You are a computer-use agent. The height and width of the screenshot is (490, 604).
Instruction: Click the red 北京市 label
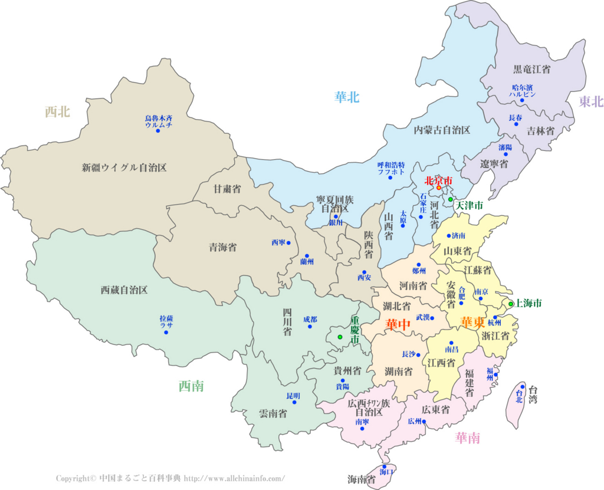[439, 180]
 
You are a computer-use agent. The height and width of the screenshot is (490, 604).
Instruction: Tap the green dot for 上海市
[511, 304]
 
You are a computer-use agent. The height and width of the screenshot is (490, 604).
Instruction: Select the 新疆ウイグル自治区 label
[124, 167]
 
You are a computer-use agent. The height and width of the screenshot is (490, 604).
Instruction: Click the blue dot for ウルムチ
[158, 130]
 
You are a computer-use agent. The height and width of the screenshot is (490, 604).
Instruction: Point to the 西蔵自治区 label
[124, 290]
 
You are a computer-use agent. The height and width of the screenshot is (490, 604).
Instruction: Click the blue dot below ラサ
[166, 333]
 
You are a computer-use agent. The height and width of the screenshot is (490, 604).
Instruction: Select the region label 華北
[347, 97]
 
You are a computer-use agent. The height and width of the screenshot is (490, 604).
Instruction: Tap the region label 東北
[590, 101]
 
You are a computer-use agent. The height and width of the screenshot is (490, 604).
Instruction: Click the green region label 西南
[191, 386]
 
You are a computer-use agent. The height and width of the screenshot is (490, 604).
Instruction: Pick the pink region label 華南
[467, 438]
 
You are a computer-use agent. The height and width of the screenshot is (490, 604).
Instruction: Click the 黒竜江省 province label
[531, 70]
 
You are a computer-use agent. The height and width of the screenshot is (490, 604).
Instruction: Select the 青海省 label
[222, 248]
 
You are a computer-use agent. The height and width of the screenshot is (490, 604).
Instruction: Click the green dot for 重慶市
[340, 337]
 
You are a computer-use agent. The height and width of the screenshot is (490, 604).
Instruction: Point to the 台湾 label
[533, 394]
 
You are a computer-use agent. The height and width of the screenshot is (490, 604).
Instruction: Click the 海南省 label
[362, 479]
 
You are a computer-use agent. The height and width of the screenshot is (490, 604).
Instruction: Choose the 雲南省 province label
[273, 414]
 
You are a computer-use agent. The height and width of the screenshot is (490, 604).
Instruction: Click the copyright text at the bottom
[170, 478]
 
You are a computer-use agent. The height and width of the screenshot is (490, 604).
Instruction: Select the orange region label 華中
[398, 325]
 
